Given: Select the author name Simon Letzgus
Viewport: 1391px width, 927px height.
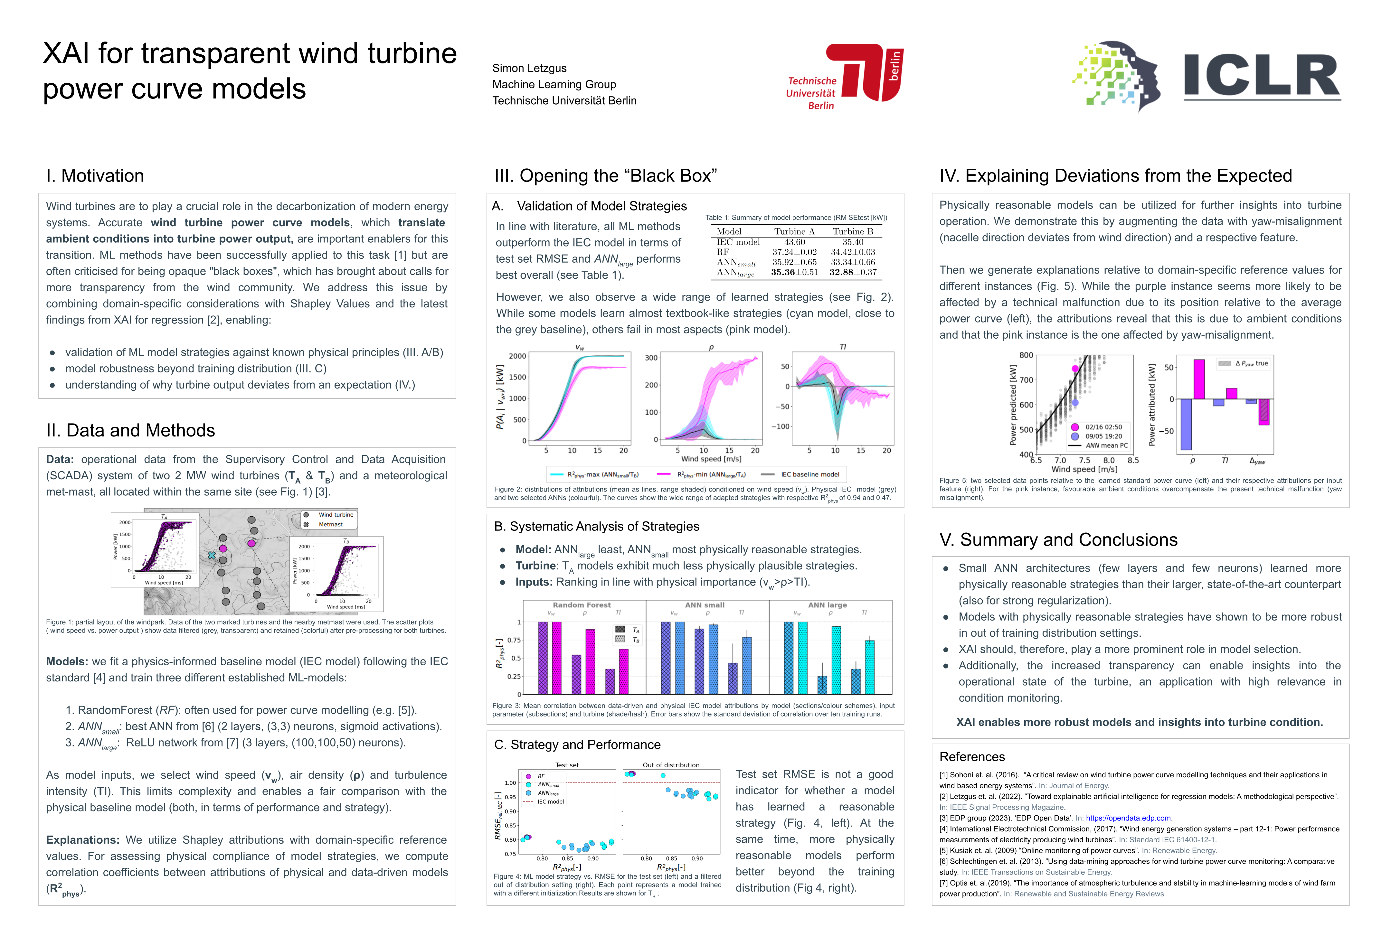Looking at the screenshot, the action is pos(529,68).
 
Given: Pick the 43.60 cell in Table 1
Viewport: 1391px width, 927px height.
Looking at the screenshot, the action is pos(794,242).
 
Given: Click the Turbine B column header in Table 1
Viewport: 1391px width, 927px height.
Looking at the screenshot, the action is pos(853,231).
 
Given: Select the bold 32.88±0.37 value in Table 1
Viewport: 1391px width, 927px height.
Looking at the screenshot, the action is pos(853,272).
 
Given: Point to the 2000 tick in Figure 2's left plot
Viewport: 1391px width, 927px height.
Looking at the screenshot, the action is pos(517,356).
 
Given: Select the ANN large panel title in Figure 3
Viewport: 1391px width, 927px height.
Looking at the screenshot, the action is pos(828,605).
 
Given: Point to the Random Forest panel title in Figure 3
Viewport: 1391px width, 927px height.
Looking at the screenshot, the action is pos(582,605).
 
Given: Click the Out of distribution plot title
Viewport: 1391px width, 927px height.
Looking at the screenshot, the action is pos(671,765).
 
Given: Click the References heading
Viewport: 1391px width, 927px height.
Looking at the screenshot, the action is pos(972,757).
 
